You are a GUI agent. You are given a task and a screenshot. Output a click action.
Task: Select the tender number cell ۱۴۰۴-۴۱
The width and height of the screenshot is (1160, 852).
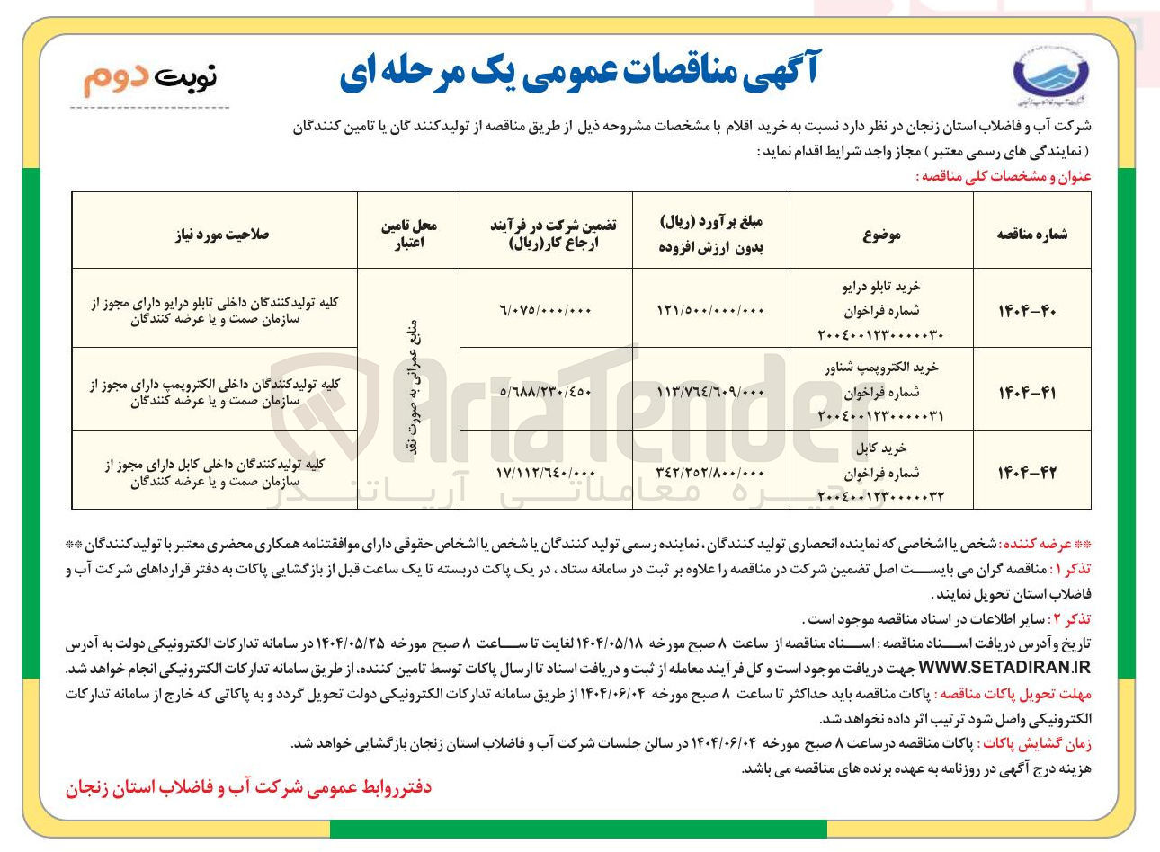pyautogui.click(x=1031, y=392)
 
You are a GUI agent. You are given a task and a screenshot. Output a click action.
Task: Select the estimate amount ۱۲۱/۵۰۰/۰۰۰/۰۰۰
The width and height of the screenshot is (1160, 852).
pyautogui.click(x=712, y=310)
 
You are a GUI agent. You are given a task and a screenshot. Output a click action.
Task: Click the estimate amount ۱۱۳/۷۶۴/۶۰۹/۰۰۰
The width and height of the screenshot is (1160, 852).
pyautogui.click(x=712, y=392)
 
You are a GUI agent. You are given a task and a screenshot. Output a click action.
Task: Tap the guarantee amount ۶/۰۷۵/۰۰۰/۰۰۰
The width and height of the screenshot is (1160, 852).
pyautogui.click(x=547, y=310)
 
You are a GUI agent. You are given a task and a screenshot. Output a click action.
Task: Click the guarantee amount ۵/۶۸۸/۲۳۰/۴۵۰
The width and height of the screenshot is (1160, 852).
pyautogui.click(x=547, y=392)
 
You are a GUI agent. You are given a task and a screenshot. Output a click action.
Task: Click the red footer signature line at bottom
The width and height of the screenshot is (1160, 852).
pyautogui.click(x=248, y=788)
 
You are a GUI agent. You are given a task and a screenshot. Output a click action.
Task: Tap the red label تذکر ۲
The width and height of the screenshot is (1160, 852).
pyautogui.click(x=1071, y=619)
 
